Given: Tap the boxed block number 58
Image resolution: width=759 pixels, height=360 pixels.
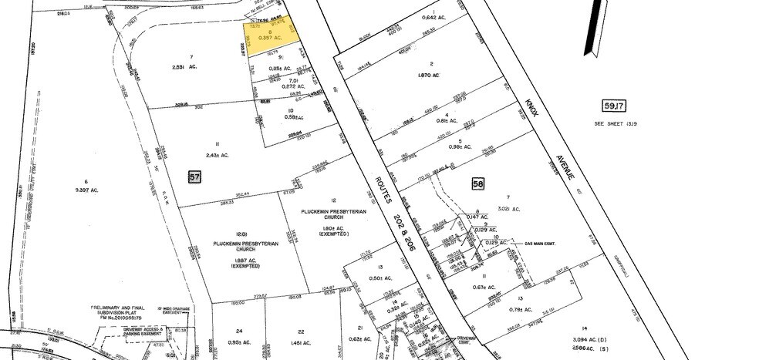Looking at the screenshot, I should (x=478, y=183).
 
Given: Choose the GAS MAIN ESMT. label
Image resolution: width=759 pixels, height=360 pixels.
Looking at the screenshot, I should (x=540, y=243).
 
